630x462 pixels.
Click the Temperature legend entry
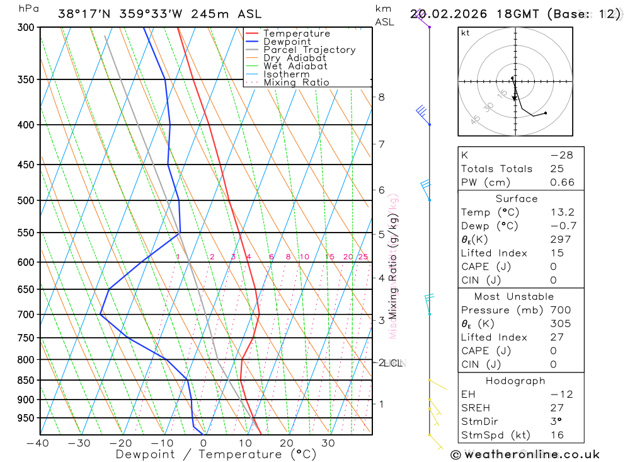click(296, 33)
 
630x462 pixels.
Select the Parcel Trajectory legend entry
click(309, 50)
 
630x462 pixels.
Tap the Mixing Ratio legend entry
click(296, 83)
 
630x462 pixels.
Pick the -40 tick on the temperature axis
click(38, 443)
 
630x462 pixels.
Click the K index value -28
click(561, 155)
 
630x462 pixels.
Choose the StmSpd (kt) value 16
click(558, 435)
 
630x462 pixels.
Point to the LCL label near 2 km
click(394, 363)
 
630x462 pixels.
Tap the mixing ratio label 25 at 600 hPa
click(363, 257)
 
